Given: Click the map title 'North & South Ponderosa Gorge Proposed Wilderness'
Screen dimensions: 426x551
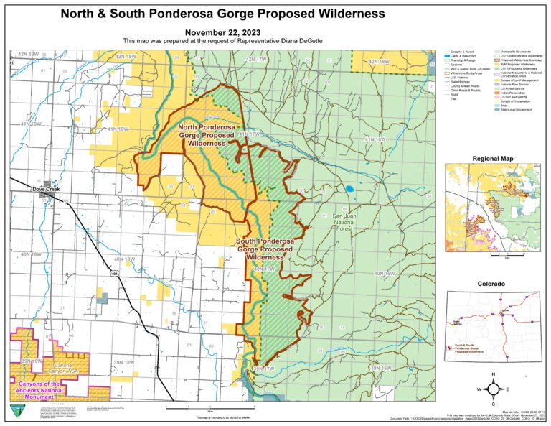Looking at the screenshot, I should click(222, 14).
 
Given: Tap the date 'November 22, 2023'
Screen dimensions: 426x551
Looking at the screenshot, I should click(222, 32).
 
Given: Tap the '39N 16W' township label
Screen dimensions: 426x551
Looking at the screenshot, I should click(380, 367).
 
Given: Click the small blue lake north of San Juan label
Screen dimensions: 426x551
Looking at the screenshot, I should click(349, 190).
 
